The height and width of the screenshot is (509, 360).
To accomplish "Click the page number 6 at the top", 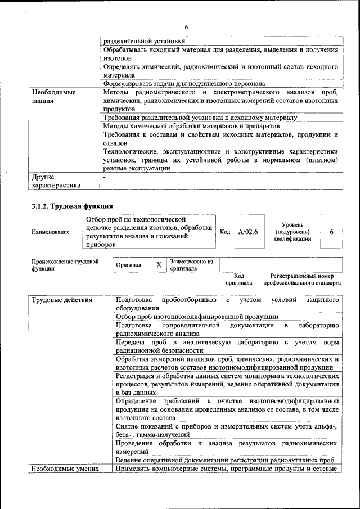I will point(186,28).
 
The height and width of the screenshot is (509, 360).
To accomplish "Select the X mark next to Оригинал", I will point(159,264).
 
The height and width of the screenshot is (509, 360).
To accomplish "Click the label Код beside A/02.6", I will point(224,232).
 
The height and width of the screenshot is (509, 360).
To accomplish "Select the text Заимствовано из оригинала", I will point(191,265).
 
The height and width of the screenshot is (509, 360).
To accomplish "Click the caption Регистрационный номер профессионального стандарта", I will point(302,280).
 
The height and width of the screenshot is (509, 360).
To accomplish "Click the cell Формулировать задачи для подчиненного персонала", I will point(184,84).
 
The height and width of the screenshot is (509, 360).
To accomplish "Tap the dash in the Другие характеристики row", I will point(105,177).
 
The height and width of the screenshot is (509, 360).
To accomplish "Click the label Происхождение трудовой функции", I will point(65,265).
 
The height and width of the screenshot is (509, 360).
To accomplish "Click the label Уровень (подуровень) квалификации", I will point(292,231).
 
